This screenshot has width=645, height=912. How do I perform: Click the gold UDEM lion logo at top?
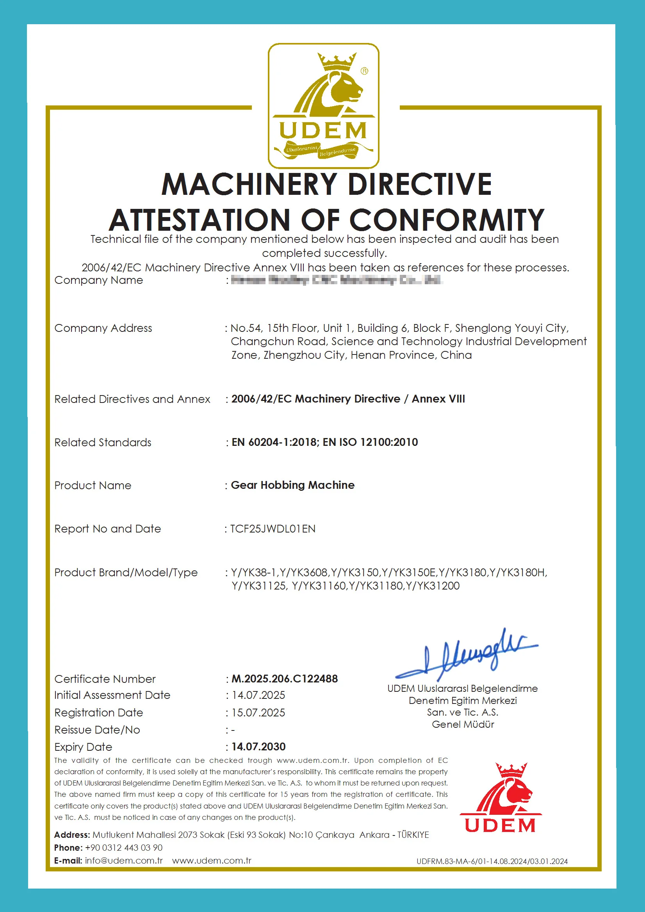click(323, 106)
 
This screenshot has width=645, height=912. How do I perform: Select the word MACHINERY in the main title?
click(249, 184)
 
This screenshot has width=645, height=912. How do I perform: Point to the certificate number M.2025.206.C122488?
click(284, 679)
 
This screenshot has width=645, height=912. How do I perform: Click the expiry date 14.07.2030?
click(258, 747)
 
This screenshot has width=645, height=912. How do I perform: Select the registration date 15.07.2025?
click(258, 712)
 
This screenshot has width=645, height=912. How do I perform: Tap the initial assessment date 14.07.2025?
click(258, 695)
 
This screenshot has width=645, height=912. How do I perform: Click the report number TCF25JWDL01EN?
click(273, 529)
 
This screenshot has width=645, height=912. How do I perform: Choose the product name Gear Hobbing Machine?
click(293, 485)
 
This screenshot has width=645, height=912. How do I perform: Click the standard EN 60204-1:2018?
click(274, 442)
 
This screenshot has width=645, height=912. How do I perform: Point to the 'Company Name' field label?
click(98, 280)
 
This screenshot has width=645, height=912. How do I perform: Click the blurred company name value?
click(337, 280)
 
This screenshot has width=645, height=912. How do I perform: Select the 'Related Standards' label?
click(103, 442)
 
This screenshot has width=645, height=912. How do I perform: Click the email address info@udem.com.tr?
click(124, 860)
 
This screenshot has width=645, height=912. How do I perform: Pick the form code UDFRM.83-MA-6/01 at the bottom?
click(452, 861)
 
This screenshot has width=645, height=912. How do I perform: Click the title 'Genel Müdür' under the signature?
click(463, 725)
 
